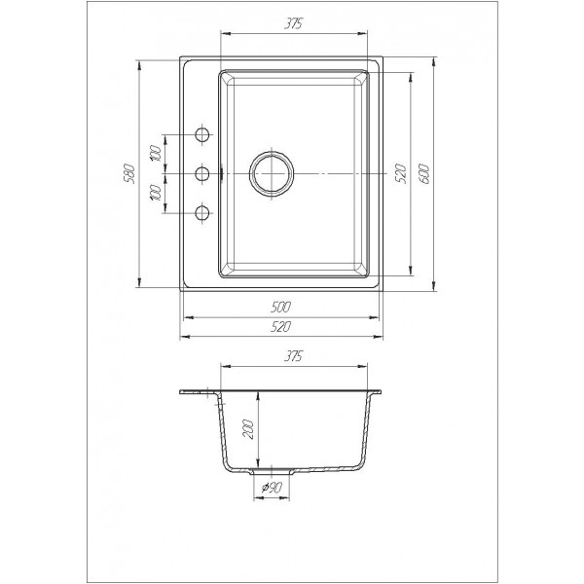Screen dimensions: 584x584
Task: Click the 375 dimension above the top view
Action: [293, 23]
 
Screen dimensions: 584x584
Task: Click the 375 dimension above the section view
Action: [293, 356]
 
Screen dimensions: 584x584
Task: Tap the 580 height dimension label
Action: [128, 174]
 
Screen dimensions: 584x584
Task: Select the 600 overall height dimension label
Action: [424, 174]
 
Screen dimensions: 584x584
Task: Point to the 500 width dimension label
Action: [281, 308]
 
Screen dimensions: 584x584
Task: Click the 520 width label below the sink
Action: [281, 327]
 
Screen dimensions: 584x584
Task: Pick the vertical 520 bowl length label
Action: [400, 173]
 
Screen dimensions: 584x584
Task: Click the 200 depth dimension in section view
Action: [248, 429]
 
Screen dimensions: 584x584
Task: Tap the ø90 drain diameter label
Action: [272, 488]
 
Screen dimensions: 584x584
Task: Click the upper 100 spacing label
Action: [156, 154]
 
